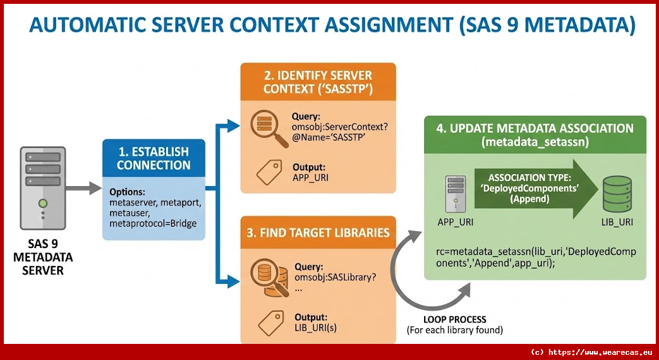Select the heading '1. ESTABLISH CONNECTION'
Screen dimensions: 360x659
(x=153, y=158)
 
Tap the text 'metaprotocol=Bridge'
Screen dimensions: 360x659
(x=153, y=223)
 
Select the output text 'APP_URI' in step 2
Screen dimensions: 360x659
(x=310, y=176)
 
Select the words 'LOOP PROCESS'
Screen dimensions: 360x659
(x=454, y=319)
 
